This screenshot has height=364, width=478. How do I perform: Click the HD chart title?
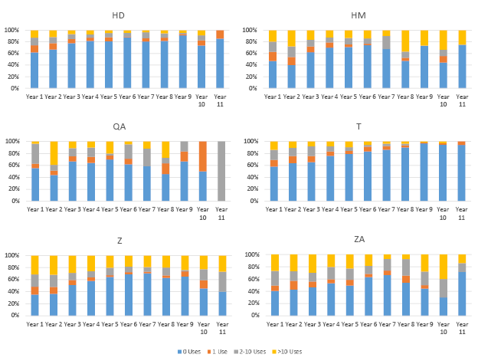(x=118, y=15)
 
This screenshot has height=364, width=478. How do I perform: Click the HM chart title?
(x=358, y=15)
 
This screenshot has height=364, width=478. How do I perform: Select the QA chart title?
(x=119, y=127)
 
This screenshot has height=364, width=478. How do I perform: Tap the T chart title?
(x=358, y=127)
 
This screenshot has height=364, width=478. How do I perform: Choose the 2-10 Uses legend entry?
(x=252, y=351)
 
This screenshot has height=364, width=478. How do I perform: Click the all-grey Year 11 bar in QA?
(x=220, y=171)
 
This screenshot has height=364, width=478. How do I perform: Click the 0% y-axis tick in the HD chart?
(x=16, y=88)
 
